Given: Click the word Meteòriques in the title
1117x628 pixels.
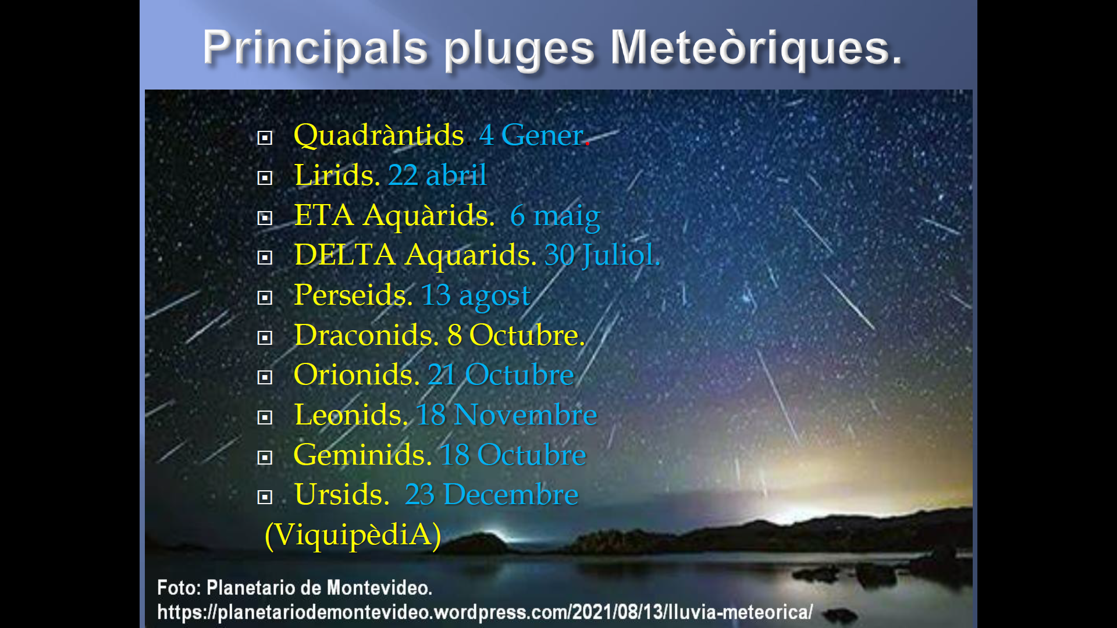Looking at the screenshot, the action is click(x=756, y=47).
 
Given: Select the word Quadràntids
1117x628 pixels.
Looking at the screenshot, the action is click(x=379, y=135).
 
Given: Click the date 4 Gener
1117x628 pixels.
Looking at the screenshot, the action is click(x=533, y=135).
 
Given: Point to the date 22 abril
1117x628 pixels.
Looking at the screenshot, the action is click(x=437, y=175).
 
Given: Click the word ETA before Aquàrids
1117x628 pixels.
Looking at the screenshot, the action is click(x=324, y=215).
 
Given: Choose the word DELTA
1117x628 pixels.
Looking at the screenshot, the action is click(x=345, y=255).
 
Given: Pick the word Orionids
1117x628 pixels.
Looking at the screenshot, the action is click(x=356, y=374).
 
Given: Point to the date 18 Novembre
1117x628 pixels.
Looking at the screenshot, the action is click(x=507, y=415).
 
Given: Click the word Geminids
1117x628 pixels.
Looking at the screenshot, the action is click(x=362, y=455).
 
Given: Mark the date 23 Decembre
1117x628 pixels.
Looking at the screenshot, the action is click(x=492, y=495).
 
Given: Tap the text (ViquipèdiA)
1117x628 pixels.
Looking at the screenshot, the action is click(x=353, y=535).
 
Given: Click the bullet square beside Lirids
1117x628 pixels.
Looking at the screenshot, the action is click(x=265, y=177).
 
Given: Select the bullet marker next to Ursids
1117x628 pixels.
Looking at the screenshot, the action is click(x=265, y=497).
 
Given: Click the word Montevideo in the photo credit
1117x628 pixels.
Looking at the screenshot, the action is click(x=379, y=588).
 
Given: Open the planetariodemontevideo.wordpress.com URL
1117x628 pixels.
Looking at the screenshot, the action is click(x=485, y=612).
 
